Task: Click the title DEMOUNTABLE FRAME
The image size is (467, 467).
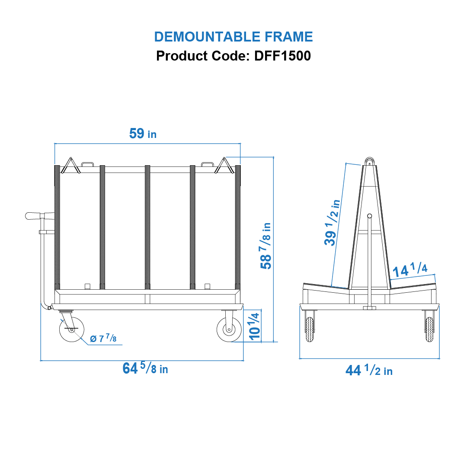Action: (233, 37)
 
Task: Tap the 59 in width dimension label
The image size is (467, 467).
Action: (143, 134)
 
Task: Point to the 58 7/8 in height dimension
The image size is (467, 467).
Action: (265, 246)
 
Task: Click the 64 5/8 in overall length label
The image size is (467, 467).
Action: (145, 368)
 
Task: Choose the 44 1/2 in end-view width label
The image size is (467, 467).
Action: (369, 371)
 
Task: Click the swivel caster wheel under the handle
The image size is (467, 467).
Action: (71, 330)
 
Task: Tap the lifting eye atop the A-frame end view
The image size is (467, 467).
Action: (369, 161)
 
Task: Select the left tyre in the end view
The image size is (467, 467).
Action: (310, 329)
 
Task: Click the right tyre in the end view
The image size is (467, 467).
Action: (429, 329)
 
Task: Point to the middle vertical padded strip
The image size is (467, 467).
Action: (147, 227)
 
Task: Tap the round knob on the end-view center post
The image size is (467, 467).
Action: (369, 216)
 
